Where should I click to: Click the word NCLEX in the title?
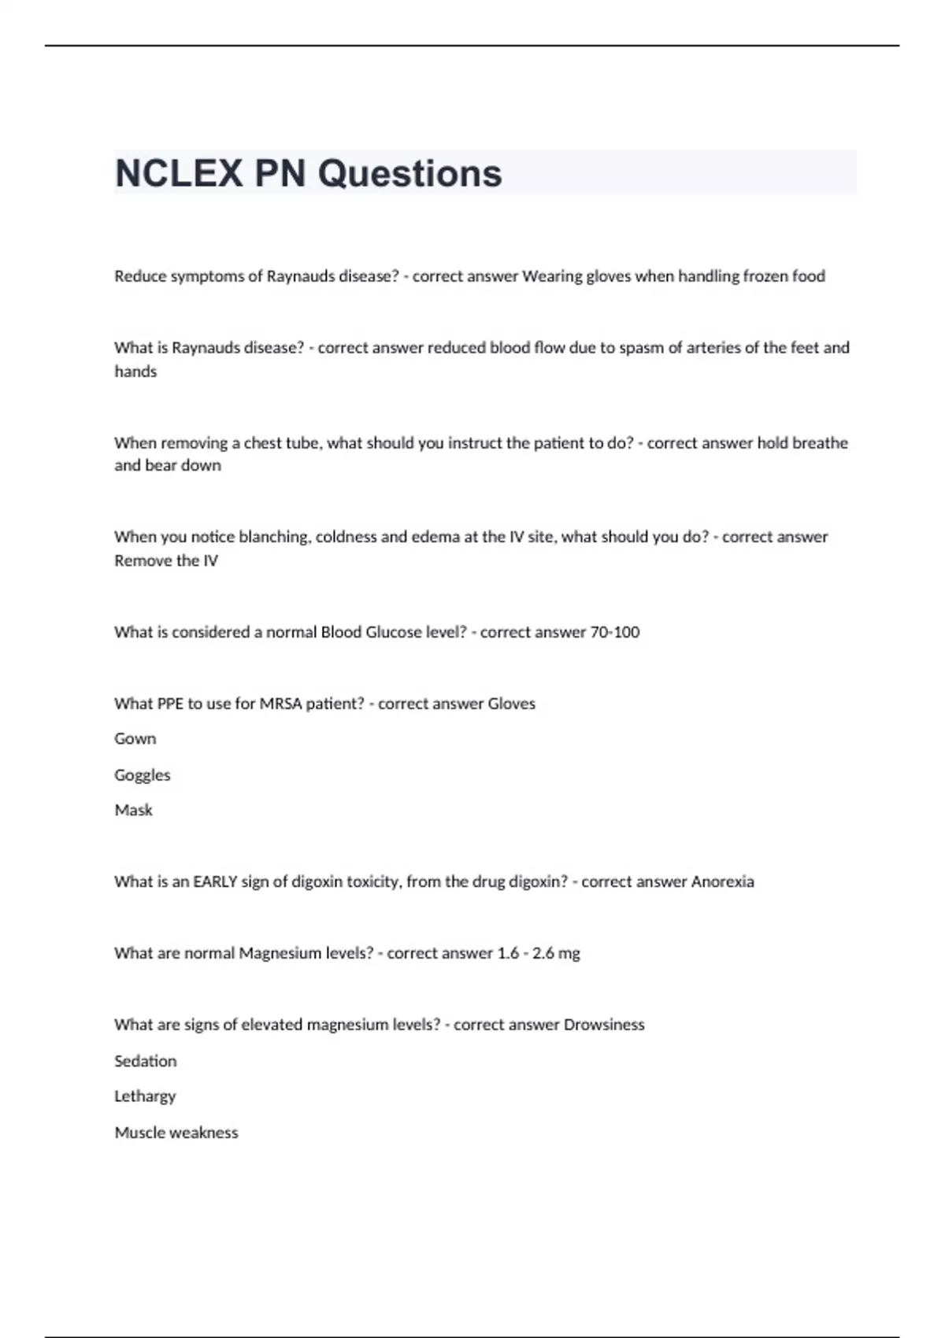click(x=179, y=173)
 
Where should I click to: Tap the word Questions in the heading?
click(x=409, y=173)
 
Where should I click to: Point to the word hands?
click(x=135, y=371)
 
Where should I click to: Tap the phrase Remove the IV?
click(x=166, y=560)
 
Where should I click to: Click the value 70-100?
click(x=615, y=632)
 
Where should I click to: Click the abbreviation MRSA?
click(x=283, y=704)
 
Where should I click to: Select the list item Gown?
click(x=135, y=739)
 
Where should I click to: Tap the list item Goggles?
click(x=143, y=775)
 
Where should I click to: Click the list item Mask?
click(x=134, y=810)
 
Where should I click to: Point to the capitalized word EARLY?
click(x=215, y=882)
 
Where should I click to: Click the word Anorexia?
click(x=722, y=882)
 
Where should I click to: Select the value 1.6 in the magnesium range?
click(x=508, y=953)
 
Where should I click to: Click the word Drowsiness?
click(x=604, y=1025)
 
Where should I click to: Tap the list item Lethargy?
click(x=145, y=1096)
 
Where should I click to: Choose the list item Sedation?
click(x=146, y=1061)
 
